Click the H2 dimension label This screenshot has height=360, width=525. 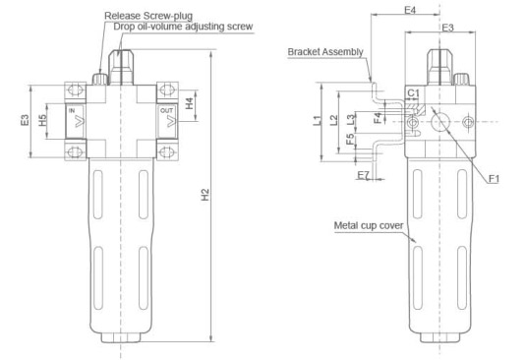coord(204,195)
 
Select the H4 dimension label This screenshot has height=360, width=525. coord(190,103)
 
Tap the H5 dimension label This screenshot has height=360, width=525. coord(42,120)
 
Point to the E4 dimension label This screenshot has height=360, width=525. coord(410,11)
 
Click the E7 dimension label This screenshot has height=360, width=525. coord(364,175)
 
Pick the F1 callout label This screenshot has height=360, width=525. coord(494,179)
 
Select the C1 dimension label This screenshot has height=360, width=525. coord(413,92)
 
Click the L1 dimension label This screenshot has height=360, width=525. coord(317,120)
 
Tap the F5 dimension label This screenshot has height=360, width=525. coord(350,139)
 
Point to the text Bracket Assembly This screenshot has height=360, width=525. coord(325,52)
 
